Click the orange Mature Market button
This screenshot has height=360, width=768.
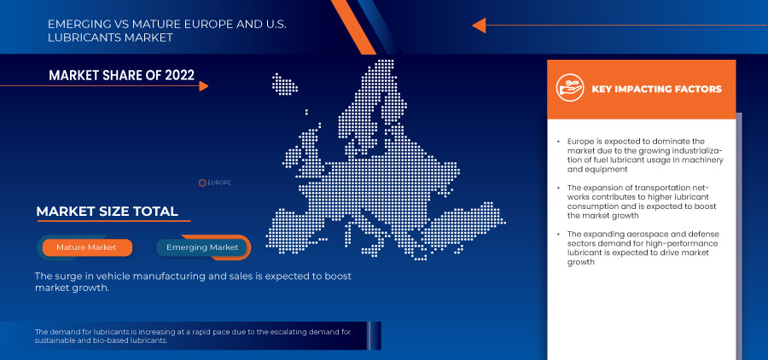(85, 247)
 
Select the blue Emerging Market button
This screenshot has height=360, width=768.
(202, 247)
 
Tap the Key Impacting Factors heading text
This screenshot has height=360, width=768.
(656, 89)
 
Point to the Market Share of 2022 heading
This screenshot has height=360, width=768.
(121, 76)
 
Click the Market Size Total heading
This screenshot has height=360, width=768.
(107, 211)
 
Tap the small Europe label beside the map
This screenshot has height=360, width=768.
(219, 183)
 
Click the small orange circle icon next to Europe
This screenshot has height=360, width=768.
(202, 183)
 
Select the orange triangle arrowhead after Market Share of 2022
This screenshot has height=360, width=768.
(203, 85)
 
